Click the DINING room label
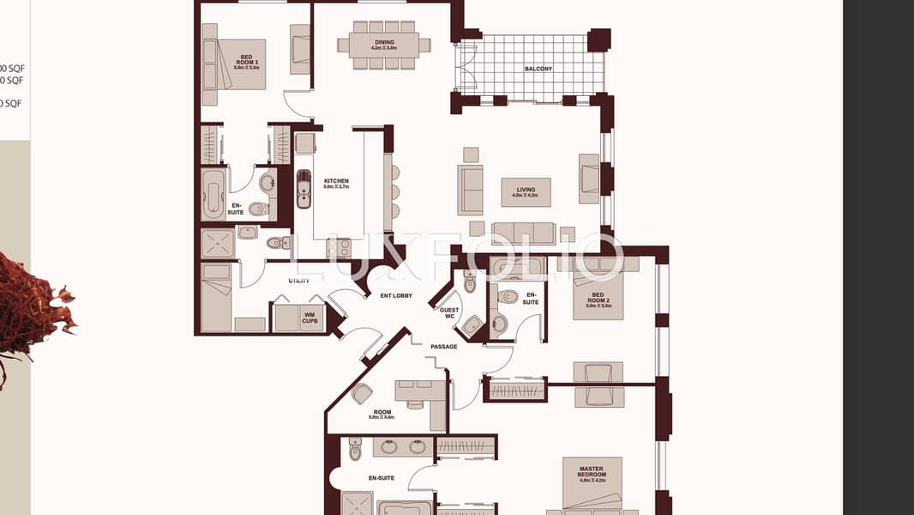tap(384, 42)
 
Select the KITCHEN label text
tap(336, 182)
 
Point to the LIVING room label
tap(526, 191)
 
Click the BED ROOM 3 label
tap(228, 61)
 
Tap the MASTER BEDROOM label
tap(592, 475)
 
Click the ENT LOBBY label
tap(396, 296)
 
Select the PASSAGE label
tap(444, 347)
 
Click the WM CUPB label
tap(310, 317)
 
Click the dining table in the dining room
tap(383, 45)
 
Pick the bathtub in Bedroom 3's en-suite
tap(213, 194)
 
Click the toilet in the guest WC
tap(470, 281)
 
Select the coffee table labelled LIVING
tap(526, 191)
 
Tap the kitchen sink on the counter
tap(304, 188)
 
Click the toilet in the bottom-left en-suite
tap(355, 449)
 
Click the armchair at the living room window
tap(588, 179)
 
